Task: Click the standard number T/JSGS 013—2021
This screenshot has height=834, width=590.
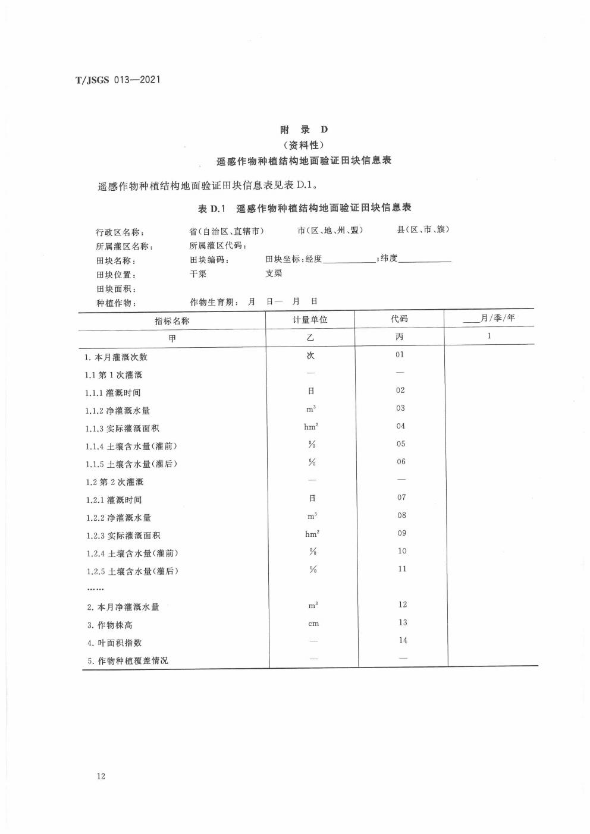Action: (118, 80)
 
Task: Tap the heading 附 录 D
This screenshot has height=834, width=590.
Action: (304, 129)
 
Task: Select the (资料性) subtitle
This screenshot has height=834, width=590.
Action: (303, 144)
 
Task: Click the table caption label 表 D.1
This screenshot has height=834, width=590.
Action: (212, 208)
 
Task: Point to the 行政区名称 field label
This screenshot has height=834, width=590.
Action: (120, 232)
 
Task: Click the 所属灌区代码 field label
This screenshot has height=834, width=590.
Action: (218, 246)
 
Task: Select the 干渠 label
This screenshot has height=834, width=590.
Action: (198, 274)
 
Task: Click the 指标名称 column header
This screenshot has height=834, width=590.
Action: (172, 320)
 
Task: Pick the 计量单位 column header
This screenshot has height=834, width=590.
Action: (310, 320)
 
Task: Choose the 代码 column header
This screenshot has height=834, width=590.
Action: (400, 319)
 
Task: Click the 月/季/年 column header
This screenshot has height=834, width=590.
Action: (489, 318)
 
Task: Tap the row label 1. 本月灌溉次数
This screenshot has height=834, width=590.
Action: (116, 357)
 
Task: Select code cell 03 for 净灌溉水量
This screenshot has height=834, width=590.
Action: (400, 408)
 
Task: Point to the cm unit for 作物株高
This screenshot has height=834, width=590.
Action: (313, 624)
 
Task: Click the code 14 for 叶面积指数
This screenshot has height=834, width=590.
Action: (403, 640)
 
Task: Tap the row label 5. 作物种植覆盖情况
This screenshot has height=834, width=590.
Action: (128, 660)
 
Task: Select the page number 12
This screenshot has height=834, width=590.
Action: (101, 776)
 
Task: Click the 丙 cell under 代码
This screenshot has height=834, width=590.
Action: (400, 336)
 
